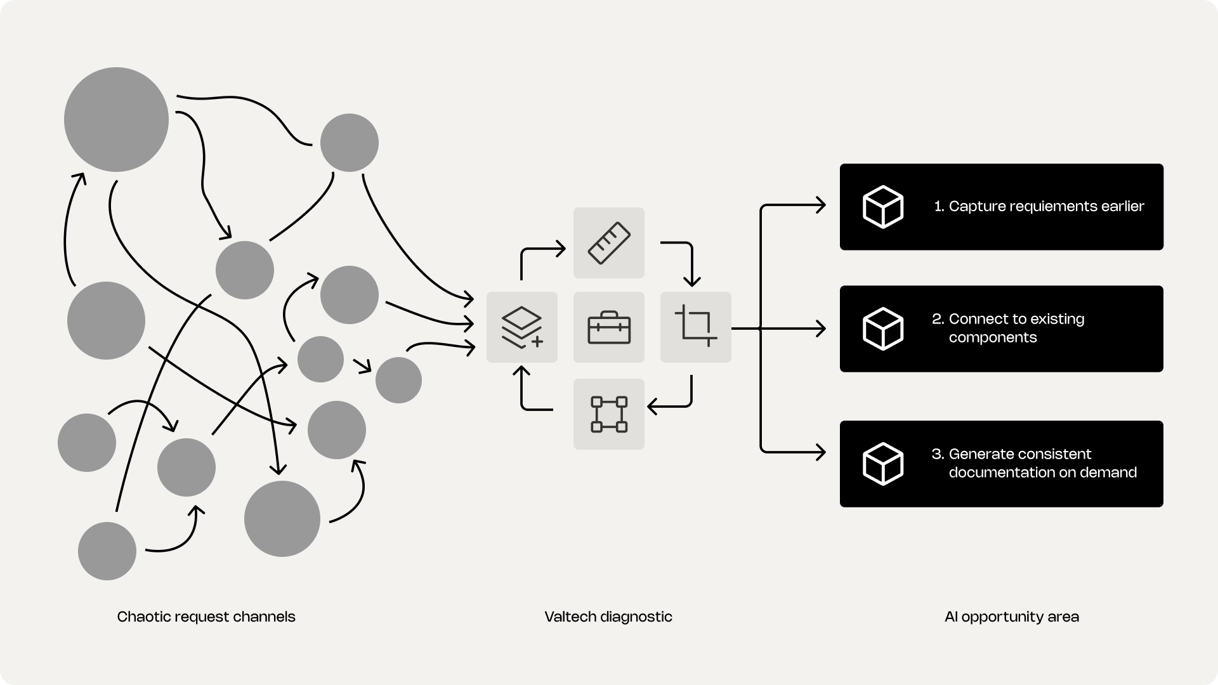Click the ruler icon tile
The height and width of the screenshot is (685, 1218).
pyautogui.click(x=609, y=243)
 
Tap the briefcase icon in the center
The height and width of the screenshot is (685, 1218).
pyautogui.click(x=609, y=327)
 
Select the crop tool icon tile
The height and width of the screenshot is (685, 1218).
pyautogui.click(x=696, y=327)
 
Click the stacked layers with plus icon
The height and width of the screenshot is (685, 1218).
pyautogui.click(x=522, y=327)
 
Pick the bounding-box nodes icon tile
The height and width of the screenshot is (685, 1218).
pyautogui.click(x=609, y=414)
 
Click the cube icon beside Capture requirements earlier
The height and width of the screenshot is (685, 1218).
pyautogui.click(x=883, y=207)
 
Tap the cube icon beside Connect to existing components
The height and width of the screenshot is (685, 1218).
pyautogui.click(x=883, y=329)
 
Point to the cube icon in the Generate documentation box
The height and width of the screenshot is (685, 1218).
pyautogui.click(x=883, y=464)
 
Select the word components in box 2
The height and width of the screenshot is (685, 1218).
pyautogui.click(x=993, y=337)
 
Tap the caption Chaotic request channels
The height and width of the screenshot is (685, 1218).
pyautogui.click(x=206, y=616)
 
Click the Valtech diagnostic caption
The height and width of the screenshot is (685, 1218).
pyautogui.click(x=608, y=616)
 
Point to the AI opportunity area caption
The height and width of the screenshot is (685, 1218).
pyautogui.click(x=1011, y=616)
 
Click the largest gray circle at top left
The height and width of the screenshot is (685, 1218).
pyautogui.click(x=116, y=119)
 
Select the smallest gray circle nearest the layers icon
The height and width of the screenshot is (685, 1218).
pyautogui.click(x=398, y=380)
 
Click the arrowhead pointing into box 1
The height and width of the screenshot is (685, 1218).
pyautogui.click(x=822, y=205)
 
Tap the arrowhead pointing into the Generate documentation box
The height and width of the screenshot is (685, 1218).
pyautogui.click(x=822, y=452)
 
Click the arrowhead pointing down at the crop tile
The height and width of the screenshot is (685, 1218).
pyautogui.click(x=691, y=282)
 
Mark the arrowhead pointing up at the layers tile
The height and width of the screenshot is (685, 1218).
pyautogui.click(x=521, y=370)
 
